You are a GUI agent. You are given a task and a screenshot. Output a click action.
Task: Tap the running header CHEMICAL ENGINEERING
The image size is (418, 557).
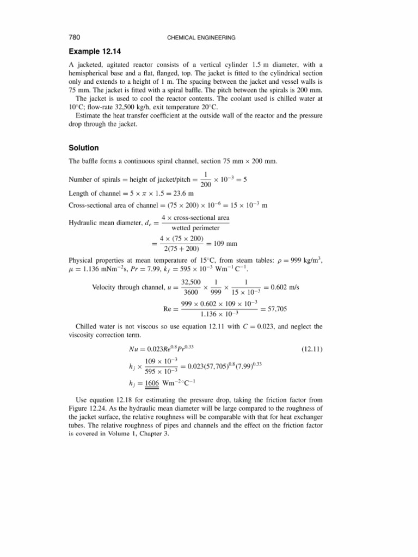209,38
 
